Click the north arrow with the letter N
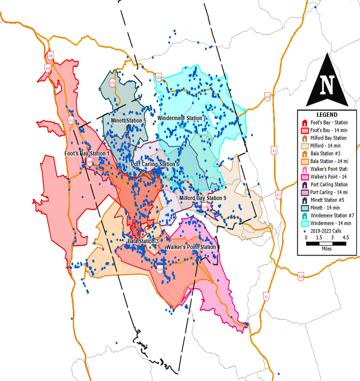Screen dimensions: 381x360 click(327, 84)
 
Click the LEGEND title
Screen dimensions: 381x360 click(327, 114)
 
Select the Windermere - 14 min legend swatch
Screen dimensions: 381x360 click(304, 223)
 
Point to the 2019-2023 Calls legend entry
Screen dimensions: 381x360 click(326, 230)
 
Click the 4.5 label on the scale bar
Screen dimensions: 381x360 click(345, 237)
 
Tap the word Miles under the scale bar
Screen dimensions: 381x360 click(326, 249)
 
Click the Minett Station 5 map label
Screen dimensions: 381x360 click(128, 120)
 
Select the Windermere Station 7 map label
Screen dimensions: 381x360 click(182, 119)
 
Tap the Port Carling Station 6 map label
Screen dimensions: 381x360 click(155, 164)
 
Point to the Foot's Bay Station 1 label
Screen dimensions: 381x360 click(87, 153)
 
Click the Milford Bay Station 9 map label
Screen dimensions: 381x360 click(202, 198)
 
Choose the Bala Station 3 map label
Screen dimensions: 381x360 click(143, 241)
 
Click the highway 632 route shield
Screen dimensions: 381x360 click(113, 82)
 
